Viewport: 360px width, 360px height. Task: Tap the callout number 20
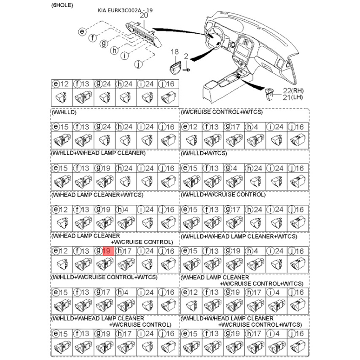[144, 15]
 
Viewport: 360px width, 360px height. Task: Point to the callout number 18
[175, 53]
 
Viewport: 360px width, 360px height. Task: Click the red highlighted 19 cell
[108, 251]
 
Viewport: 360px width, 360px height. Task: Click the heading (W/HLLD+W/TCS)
[204, 153]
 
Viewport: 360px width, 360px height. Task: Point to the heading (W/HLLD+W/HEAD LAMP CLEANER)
[99, 153]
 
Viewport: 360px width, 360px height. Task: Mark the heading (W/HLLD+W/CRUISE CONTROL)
[223, 194]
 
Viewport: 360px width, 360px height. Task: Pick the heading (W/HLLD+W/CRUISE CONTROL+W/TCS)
[104, 277]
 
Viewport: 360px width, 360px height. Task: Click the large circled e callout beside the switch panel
[82, 31]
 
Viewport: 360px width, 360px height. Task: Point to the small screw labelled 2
[187, 70]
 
